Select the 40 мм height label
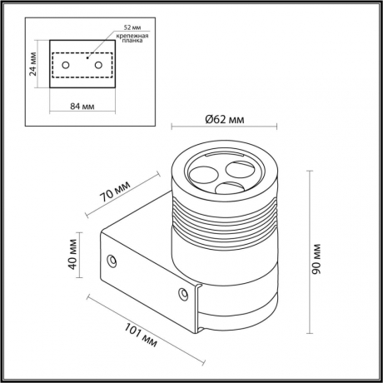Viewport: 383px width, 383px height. coord(74,256)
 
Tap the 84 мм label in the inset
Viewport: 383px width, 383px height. coord(80,106)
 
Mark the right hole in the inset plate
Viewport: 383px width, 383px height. coord(98,64)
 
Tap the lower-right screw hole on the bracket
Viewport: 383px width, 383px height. coord(184,292)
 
